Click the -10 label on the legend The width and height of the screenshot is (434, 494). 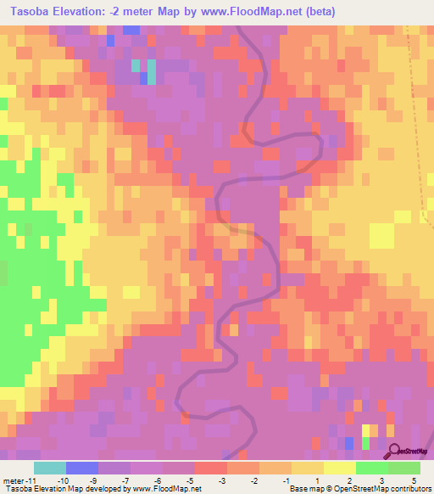point(63,480)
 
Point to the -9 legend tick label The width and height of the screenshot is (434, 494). point(94,480)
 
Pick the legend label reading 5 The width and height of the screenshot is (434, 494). point(415,480)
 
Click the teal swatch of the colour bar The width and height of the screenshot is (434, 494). point(50,468)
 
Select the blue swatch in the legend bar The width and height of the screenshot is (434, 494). point(82,468)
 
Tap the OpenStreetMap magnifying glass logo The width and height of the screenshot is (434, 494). point(395,451)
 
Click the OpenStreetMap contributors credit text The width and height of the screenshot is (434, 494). point(385,489)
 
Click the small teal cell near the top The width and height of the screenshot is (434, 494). point(136,66)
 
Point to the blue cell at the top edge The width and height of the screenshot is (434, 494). point(131,30)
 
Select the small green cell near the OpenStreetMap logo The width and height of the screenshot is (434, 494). point(366,442)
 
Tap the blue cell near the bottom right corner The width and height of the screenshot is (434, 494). point(348,442)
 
